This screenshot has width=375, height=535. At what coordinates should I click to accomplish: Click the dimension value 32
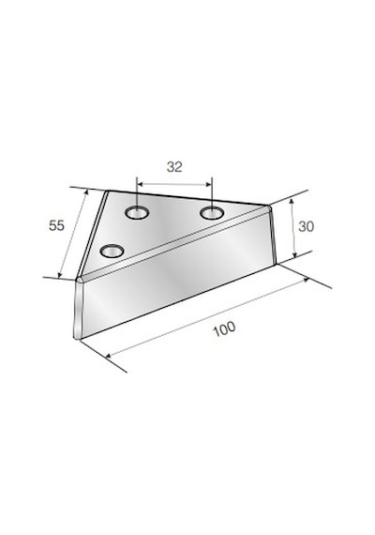[174, 167]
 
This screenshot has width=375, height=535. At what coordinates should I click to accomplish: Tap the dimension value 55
[56, 225]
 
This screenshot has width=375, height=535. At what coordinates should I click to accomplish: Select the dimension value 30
[307, 226]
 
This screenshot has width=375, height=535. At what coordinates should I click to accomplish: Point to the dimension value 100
[224, 329]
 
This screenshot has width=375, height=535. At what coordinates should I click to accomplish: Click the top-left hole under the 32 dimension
[137, 213]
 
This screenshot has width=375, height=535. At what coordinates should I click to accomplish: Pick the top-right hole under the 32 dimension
[212, 213]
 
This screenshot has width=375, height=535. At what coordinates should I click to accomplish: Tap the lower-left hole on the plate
[112, 252]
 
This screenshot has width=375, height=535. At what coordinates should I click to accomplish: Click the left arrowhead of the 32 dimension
[140, 184]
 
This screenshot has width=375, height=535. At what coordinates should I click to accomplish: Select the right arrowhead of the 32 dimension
[209, 185]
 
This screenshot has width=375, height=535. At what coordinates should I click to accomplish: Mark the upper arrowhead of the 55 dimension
[86, 192]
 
